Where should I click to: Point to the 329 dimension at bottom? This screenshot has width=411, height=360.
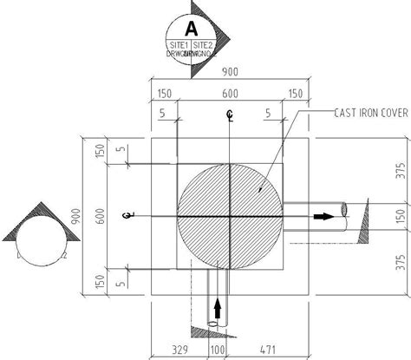(179, 350)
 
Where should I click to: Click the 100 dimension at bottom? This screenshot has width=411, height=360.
(217, 350)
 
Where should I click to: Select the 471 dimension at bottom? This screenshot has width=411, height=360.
(265, 350)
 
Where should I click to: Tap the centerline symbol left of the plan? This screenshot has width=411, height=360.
(127, 215)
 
